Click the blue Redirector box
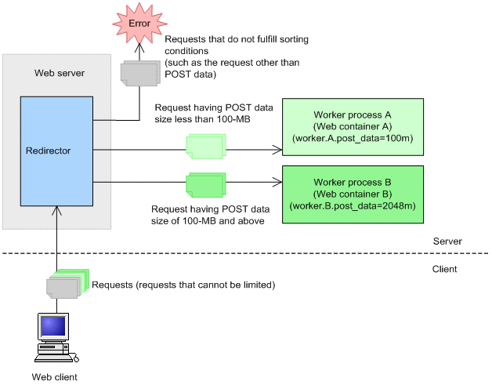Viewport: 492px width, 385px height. (x=56, y=151)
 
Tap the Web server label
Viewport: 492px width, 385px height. (x=60, y=73)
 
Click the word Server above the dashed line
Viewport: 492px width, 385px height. (x=448, y=242)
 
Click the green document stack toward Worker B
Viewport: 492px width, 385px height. (x=206, y=184)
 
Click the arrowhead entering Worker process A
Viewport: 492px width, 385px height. (x=277, y=148)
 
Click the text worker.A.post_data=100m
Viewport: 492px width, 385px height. (x=353, y=139)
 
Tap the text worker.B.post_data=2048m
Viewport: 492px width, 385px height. (x=353, y=206)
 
